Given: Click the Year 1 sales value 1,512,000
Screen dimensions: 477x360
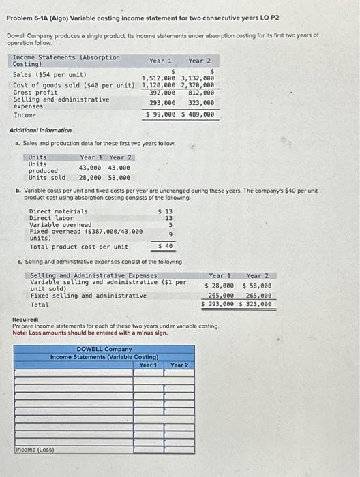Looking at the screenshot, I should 159,78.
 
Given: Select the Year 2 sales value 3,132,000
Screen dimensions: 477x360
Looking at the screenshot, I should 198,78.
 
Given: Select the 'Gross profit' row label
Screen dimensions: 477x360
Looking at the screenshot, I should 35,92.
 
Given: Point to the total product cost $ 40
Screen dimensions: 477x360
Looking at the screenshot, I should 164,246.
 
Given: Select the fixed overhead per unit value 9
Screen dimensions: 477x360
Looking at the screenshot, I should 170,234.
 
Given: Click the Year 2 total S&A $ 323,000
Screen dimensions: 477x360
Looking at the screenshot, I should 256,305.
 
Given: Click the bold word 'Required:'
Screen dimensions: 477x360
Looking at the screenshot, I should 26,319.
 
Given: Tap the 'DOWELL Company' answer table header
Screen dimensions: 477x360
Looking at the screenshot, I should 104,350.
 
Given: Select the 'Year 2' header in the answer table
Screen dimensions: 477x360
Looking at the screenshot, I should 179,365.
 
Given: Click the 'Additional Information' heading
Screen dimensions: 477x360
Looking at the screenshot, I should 40,130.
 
